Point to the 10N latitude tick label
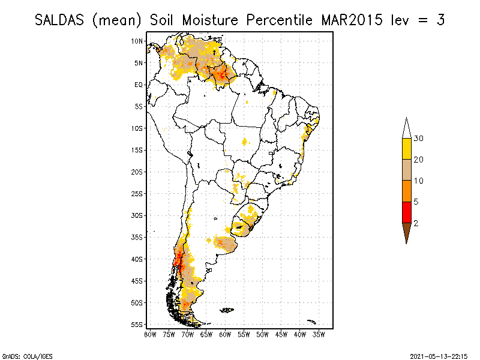pyautogui.click(x=137, y=41)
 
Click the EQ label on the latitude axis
pyautogui.click(x=138, y=85)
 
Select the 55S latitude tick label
pyautogui.click(x=137, y=325)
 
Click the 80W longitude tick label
pyautogui.click(x=150, y=334)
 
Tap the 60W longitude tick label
pyautogui.click(x=225, y=334)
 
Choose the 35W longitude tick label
pyautogui.click(x=319, y=334)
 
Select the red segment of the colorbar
pyautogui.click(x=406, y=212)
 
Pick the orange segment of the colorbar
pyautogui.click(x=406, y=191)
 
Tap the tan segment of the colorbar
pyautogui.click(x=406, y=170)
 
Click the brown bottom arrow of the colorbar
pyautogui.click(x=406, y=232)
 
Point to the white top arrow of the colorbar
pyautogui.click(x=406, y=128)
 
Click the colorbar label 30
pyautogui.click(x=419, y=139)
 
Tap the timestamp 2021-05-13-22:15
pyautogui.click(x=439, y=355)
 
